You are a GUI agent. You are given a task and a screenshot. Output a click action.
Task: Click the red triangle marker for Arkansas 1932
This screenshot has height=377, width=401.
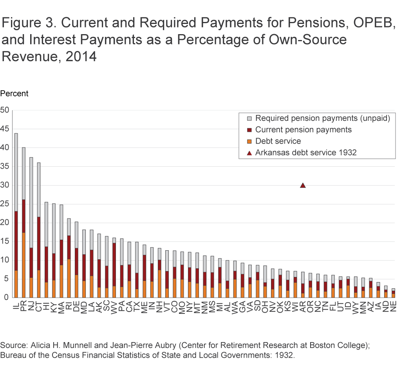pos(303,186)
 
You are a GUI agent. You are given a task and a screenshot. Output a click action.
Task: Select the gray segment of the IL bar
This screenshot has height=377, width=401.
pos(16,172)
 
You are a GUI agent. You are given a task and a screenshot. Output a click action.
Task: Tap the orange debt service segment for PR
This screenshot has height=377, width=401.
pos(23,265)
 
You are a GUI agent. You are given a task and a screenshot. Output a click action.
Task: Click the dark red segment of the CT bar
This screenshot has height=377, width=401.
pos(39,244)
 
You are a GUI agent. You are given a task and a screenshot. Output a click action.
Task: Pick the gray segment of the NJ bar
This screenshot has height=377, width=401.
pos(31,202)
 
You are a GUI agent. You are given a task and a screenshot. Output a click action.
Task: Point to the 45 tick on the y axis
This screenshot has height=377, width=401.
pos(5,129)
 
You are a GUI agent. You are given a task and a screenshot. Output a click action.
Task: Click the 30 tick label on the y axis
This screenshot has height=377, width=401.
pos(5,185)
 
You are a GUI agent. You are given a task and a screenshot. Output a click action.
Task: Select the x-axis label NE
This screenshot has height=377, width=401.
pos(394,306)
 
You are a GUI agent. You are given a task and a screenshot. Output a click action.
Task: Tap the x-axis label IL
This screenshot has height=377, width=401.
pos(16,306)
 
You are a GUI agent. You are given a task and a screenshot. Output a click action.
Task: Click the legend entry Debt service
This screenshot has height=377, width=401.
pos(278,141)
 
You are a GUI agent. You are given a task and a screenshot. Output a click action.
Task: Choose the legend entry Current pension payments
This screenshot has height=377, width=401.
pos(303,129)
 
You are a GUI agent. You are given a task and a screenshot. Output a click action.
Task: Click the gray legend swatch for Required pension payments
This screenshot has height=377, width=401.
pos(249,118)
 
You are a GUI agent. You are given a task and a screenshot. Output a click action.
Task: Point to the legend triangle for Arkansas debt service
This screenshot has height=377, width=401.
pos(249,153)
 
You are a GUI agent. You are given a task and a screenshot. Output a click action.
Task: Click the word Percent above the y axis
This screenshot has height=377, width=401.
pos(14,94)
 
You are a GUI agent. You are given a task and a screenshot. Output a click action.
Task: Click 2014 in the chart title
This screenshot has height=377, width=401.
pos(81,56)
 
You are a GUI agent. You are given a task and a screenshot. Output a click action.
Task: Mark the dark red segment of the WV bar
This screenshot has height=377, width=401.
pos(114,264)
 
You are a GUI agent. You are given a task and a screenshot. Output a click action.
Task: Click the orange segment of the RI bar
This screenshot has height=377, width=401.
pos(69,279)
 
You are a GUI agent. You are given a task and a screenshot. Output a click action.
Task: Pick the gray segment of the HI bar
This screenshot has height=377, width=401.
pos(46,224)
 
